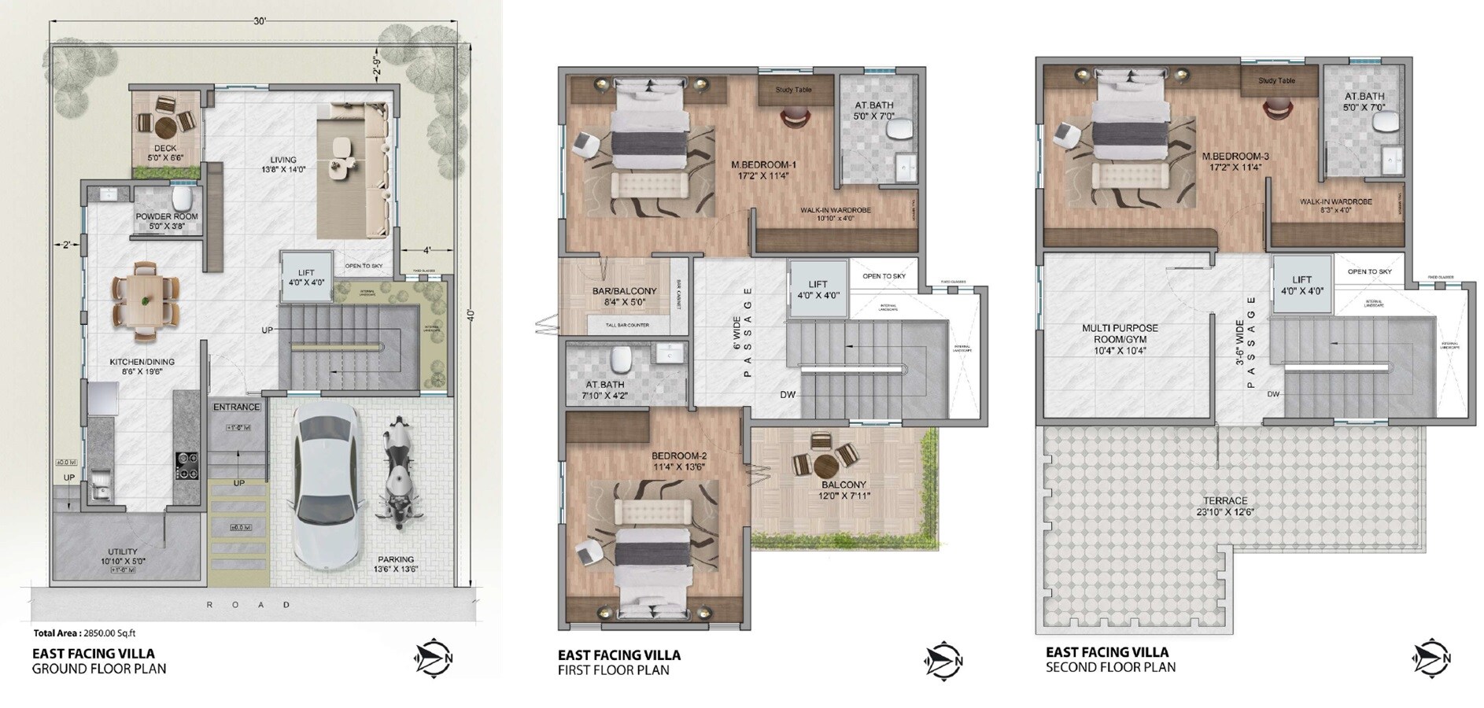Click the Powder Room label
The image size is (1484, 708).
coord(166,216)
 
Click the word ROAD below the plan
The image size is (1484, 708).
coord(249,605)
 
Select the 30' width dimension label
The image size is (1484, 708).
coord(260,22)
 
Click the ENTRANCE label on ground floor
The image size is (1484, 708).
coord(236,407)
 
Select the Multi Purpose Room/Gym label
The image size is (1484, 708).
coord(1119,339)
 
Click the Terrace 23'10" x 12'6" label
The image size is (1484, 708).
coord(1226,506)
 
